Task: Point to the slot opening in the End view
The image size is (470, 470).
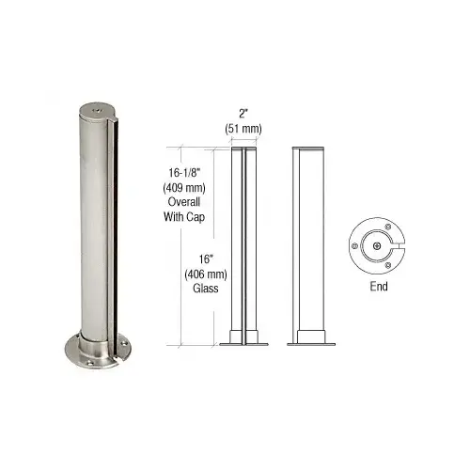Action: (x=396, y=246)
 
